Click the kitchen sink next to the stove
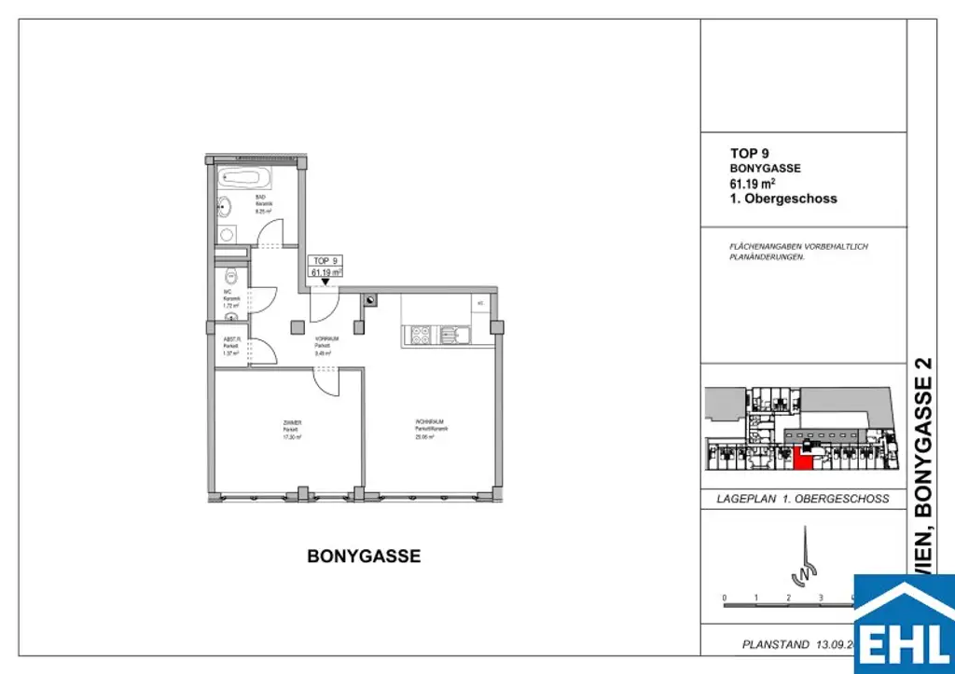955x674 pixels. [452, 334]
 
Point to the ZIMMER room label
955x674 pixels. [293, 422]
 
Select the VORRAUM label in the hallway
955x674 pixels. [325, 338]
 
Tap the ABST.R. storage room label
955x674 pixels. [231, 338]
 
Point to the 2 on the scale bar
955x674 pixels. [788, 598]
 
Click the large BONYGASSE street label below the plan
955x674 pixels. [364, 557]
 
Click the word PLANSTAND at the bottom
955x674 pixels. [774, 644]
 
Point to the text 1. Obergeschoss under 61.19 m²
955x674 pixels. [783, 199]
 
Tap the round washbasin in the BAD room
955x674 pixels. [224, 207]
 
